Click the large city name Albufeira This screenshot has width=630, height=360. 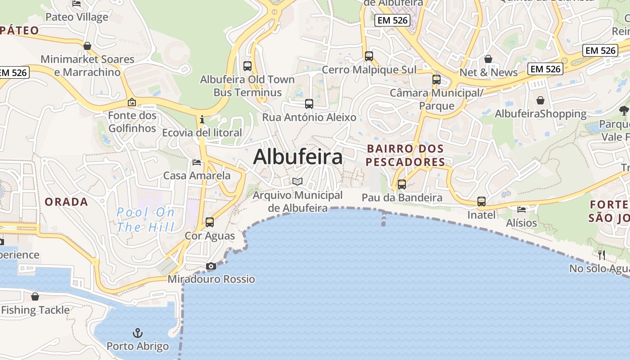click(297, 157)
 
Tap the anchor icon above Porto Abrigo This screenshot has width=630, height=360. click(138, 333)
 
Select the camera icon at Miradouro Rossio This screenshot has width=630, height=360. click(211, 266)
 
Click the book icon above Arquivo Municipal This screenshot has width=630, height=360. click(297, 181)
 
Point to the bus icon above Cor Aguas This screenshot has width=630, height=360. click(210, 222)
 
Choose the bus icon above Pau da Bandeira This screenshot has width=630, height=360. click(401, 184)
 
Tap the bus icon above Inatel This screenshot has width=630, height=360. click(481, 202)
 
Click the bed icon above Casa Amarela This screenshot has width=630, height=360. click(197, 162)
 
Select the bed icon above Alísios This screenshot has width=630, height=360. click(522, 209)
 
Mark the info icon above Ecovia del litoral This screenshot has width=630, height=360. click(202, 120)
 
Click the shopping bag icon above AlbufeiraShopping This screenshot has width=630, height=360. click(540, 100)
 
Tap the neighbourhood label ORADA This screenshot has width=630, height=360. click(66, 202)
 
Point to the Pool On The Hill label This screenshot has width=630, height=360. click(145, 220)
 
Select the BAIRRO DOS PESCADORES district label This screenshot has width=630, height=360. click(405, 155)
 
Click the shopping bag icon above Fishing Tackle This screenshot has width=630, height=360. click(35, 297)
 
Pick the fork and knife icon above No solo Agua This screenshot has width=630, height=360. click(602, 255)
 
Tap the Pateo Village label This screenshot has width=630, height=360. click(77, 17)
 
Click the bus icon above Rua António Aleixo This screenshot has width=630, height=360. click(309, 104)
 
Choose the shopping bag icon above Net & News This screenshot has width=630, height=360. click(488, 59)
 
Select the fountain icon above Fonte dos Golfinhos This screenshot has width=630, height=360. click(131, 103)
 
